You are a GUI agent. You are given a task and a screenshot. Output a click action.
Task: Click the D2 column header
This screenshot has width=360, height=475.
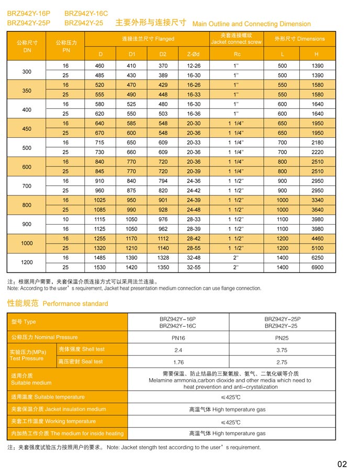point(163,54)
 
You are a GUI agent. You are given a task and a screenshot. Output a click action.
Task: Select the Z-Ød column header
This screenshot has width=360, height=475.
point(194,54)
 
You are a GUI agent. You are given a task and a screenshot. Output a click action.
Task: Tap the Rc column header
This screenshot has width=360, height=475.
point(237,54)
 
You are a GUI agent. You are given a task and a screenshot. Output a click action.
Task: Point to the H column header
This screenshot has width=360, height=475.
point(317,54)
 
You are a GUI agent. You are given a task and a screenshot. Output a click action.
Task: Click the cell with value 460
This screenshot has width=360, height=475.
point(100,66)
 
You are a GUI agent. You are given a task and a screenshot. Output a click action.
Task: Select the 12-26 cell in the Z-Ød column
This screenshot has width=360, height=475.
point(194,66)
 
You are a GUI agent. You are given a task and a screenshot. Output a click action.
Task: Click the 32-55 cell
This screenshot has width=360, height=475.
point(194,268)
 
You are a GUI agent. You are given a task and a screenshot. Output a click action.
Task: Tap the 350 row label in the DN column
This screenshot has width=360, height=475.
point(27,91)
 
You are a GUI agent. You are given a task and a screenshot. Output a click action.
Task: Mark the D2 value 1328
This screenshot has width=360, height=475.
point(163,258)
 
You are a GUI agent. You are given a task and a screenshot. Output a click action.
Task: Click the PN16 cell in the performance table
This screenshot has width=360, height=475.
point(178,338)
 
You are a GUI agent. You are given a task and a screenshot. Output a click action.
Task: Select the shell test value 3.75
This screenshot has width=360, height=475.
point(282,350)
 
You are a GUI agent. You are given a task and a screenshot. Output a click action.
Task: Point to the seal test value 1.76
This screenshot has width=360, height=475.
point(178,362)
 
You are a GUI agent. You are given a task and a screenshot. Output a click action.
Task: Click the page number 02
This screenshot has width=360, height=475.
point(342,464)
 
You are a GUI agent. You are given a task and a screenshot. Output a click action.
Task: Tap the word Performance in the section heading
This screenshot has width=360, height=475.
point(61,304)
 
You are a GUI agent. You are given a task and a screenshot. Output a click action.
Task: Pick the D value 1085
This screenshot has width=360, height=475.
point(100,210)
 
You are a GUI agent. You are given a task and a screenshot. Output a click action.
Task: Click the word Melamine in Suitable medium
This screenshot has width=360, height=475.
point(162,381)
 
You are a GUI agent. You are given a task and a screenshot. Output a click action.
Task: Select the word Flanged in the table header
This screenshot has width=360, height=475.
point(165,39)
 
